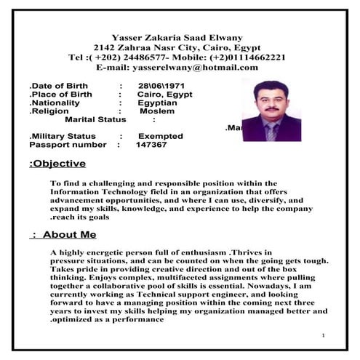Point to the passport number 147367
tap(151, 145)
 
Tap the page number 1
tap(321, 336)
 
